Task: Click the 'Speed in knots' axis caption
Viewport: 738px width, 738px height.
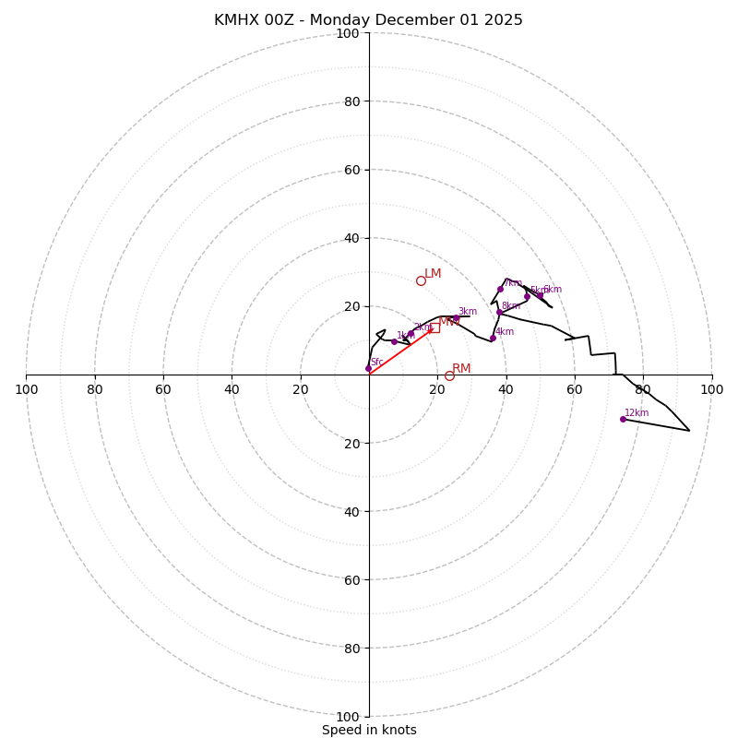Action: [x=369, y=730]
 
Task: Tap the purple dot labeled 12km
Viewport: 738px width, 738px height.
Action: [x=623, y=419]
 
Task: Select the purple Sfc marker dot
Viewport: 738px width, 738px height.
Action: [x=368, y=368]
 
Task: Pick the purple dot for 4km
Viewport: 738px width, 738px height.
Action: [x=493, y=338]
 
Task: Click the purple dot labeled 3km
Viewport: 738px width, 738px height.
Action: [x=456, y=318]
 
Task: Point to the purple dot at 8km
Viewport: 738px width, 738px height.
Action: [x=499, y=312]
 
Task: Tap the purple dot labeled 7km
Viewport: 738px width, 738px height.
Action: [x=500, y=289]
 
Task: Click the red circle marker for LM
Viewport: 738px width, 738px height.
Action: [x=421, y=280]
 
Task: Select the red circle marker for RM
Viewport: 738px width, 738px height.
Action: [x=449, y=375]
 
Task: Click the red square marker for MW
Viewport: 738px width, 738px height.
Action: [x=434, y=327]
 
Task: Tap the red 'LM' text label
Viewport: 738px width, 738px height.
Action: [x=433, y=274]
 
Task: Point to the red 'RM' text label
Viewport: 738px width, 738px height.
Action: [x=461, y=369]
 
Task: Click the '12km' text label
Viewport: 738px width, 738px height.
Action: [x=637, y=413]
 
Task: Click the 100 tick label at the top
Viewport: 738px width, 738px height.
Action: [x=348, y=33]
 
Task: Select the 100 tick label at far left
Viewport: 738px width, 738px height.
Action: [x=26, y=389]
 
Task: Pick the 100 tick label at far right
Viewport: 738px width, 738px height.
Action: [x=711, y=389]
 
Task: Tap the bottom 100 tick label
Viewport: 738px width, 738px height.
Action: [x=348, y=716]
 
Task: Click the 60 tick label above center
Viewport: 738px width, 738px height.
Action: [x=351, y=170]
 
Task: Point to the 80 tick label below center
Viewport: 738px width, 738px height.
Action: [x=351, y=648]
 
